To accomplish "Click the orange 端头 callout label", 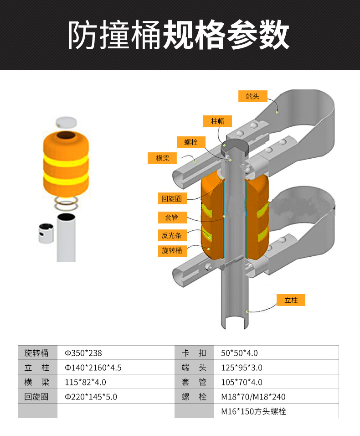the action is point(253,96).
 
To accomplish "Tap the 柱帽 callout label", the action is point(217,121).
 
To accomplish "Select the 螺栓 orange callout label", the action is point(191,142).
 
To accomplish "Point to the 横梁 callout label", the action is point(162,158).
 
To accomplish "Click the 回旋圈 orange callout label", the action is point(172,198).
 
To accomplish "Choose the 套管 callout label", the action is point(172,218).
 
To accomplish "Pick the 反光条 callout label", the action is point(172,235).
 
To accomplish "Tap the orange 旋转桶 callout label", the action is point(172,251).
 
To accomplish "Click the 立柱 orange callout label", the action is point(291,300).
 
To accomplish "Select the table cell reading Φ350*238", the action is point(83,353).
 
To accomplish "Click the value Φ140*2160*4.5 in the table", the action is point(93,368).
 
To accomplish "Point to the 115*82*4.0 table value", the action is point(86,382).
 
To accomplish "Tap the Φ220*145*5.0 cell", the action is point(91,397).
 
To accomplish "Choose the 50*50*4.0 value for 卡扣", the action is point(239,353).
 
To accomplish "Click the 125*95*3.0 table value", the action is point(242,368).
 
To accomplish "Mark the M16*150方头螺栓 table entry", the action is point(254,411).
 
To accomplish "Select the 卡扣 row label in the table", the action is point(194,353).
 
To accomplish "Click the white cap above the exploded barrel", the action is point(66,122).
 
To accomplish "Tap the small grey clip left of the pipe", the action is point(46,233).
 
